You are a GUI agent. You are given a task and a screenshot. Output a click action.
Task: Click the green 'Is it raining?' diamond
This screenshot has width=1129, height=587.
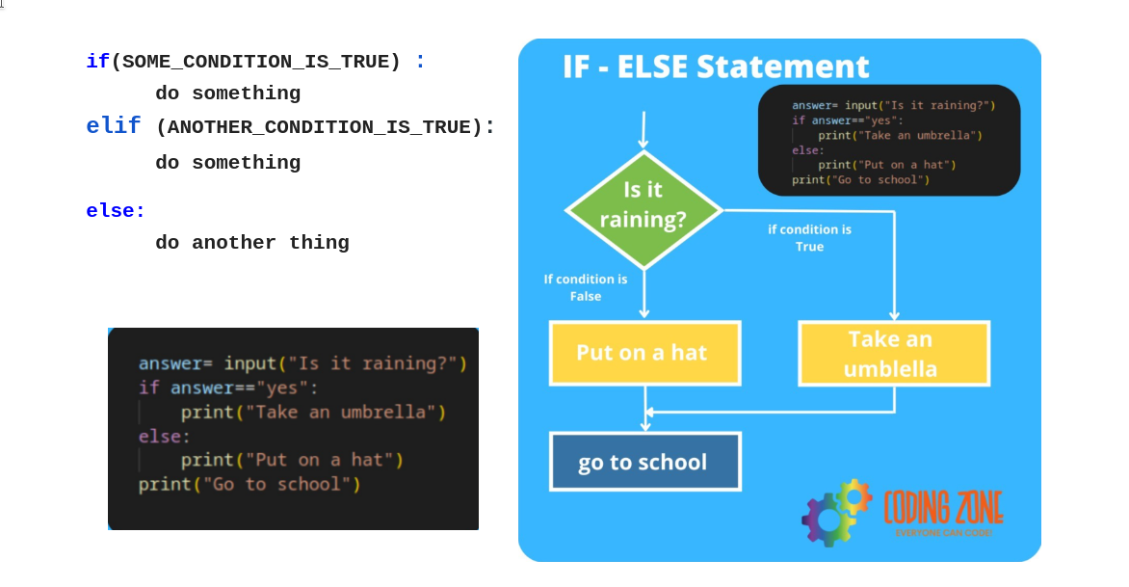point(643,205)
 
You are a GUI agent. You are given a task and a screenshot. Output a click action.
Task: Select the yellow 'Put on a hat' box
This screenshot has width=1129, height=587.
point(643,353)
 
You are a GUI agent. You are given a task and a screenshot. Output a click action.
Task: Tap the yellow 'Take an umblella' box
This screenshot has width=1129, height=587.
point(892,354)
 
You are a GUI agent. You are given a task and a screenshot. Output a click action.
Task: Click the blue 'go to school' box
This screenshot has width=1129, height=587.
point(643,462)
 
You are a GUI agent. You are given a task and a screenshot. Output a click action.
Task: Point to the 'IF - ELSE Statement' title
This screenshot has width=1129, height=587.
point(716,67)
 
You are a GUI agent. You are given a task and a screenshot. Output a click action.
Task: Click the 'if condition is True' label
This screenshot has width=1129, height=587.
point(809,238)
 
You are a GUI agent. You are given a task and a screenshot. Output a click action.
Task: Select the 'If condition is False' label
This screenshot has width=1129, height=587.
point(585,287)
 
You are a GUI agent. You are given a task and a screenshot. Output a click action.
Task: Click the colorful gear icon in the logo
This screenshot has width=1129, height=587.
point(834,512)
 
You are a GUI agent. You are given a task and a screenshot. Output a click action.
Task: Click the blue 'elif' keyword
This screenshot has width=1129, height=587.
point(113,126)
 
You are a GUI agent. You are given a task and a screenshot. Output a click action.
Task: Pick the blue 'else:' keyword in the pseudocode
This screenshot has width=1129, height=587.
point(116,211)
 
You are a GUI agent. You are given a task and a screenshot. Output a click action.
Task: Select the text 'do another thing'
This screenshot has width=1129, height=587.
point(252,243)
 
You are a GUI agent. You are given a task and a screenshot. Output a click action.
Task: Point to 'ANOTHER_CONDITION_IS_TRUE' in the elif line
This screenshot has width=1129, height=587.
point(324,127)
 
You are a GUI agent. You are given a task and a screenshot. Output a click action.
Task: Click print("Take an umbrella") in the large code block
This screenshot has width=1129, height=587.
point(313,413)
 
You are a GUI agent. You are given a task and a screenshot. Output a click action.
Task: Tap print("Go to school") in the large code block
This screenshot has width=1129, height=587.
point(249,484)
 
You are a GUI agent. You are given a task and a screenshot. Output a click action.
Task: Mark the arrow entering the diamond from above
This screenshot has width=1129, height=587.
point(643,130)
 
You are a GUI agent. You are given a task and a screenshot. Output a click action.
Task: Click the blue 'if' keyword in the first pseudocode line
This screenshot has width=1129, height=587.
point(97,62)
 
